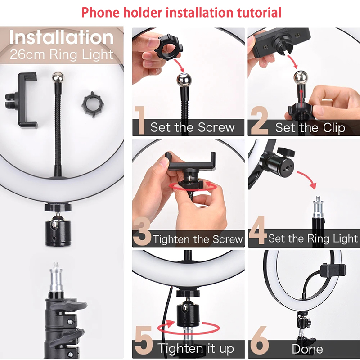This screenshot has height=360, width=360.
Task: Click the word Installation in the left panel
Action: pyautogui.click(x=62, y=38)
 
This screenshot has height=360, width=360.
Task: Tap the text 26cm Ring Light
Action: pyautogui.click(x=62, y=55)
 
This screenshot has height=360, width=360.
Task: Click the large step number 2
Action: pyautogui.click(x=260, y=120)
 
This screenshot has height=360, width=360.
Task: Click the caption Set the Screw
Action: pyautogui.click(x=193, y=127)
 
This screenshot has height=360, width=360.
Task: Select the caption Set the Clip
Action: pyautogui.click(x=310, y=128)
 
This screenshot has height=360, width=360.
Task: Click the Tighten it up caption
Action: pyautogui.click(x=196, y=348)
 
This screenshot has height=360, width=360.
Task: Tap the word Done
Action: pyautogui.click(x=307, y=349)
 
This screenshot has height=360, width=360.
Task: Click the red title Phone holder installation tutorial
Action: pyautogui.click(x=181, y=12)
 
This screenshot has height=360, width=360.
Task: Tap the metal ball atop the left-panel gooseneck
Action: pyautogui.click(x=57, y=76)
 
